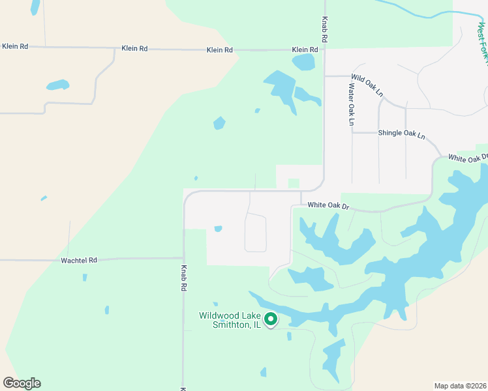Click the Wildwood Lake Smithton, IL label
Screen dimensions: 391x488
[230, 320]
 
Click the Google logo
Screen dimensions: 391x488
[22, 383]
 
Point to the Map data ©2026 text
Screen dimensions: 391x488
[460, 386]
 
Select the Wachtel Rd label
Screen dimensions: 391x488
[78, 260]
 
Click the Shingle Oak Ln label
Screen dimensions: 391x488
[401, 134]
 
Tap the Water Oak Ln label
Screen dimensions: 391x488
[352, 104]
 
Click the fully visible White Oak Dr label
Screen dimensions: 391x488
[329, 205]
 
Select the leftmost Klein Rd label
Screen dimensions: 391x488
[15, 46]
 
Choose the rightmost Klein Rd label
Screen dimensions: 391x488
[305, 50]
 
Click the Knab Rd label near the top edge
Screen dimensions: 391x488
[324, 30]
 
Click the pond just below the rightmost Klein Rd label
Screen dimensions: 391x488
[303, 63]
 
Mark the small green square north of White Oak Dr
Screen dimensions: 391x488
[294, 184]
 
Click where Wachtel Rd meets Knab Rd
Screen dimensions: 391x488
[184, 259]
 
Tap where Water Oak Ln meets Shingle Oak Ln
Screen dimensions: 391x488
[352, 132]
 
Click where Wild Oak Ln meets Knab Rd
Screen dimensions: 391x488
[325, 76]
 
